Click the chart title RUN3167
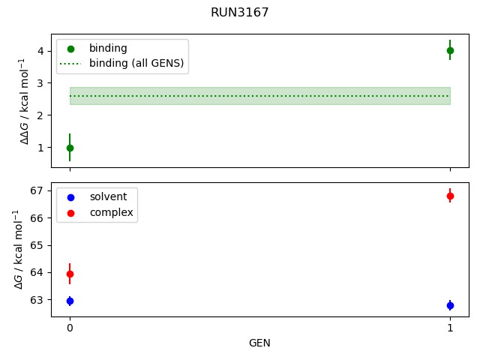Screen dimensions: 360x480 240,13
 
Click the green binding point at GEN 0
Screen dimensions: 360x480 70,148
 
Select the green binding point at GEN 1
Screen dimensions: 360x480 450,50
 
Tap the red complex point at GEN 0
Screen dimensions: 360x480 70,274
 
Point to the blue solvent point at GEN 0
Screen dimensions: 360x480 70,301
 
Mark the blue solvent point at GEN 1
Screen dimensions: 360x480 450,305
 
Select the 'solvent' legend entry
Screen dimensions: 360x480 108,196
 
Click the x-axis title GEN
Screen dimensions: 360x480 259,343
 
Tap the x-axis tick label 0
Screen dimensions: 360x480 70,328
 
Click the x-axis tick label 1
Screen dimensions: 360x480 450,328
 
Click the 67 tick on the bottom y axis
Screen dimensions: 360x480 39,190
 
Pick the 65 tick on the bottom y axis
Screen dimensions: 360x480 39,245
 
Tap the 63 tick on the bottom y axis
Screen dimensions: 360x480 39,300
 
